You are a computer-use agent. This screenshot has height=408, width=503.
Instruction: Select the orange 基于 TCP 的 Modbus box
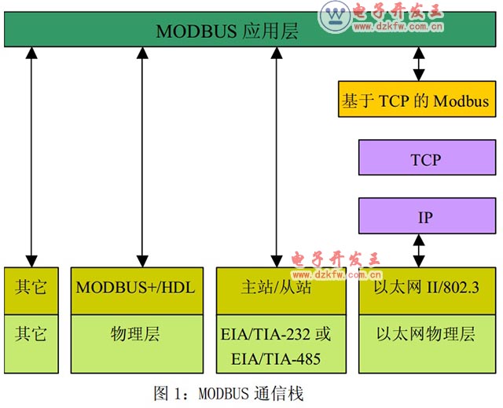(416, 101)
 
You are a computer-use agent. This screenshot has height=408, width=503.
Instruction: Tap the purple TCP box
(425, 160)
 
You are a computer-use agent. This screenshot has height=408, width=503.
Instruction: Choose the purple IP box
(425, 217)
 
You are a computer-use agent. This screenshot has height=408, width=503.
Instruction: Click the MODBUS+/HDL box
(135, 287)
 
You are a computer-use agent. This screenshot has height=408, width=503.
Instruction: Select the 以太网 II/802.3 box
(425, 289)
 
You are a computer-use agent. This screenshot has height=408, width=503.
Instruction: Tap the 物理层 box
(135, 334)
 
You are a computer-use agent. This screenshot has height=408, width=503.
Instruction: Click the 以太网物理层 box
(425, 334)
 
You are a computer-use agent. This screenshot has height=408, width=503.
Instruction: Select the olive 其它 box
(31, 287)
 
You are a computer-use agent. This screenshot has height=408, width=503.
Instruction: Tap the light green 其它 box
(31, 334)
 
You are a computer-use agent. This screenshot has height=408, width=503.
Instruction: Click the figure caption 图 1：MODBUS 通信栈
(229, 392)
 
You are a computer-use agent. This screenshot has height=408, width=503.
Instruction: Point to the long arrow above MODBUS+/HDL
(142, 157)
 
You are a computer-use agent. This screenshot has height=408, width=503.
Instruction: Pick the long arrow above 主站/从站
(276, 157)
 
